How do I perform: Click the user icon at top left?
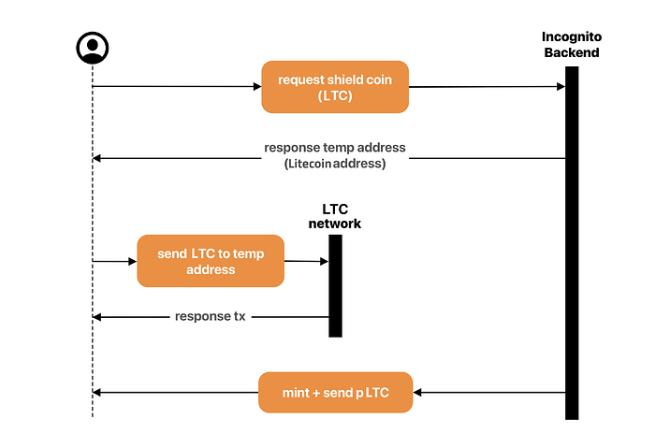[x=93, y=48]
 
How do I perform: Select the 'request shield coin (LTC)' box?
[x=335, y=87]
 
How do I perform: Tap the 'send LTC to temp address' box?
[x=211, y=261]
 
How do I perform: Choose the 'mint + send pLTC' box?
[x=335, y=393]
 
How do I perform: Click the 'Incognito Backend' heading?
[x=572, y=44]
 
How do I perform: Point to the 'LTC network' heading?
[x=335, y=216]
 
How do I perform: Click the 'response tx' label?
[x=211, y=316]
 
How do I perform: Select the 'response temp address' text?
[x=335, y=148]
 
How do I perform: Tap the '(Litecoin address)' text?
[x=335, y=164]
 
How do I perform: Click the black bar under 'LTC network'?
[x=335, y=285]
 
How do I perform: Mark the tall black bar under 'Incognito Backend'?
[x=572, y=243]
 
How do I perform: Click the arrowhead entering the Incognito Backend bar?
[x=561, y=87]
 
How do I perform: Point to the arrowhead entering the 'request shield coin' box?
[x=257, y=87]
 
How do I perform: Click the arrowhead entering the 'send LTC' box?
[x=133, y=261]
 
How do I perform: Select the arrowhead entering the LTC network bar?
[x=325, y=261]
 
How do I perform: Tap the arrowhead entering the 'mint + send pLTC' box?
[x=417, y=393]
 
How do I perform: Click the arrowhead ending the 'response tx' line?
[x=97, y=317]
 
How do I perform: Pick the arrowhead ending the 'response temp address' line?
[x=97, y=158]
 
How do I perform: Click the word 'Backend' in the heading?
[x=572, y=52]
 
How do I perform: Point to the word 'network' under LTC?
[x=335, y=224]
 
